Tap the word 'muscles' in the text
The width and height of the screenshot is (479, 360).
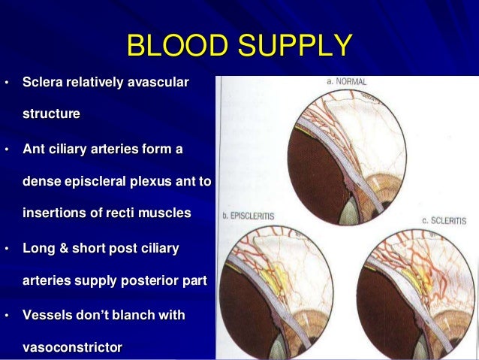tap(167, 213)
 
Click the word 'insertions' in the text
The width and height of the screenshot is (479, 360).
tap(53, 213)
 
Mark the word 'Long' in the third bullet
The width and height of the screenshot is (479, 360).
tap(38, 247)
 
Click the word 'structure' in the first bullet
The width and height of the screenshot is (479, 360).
tap(52, 114)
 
